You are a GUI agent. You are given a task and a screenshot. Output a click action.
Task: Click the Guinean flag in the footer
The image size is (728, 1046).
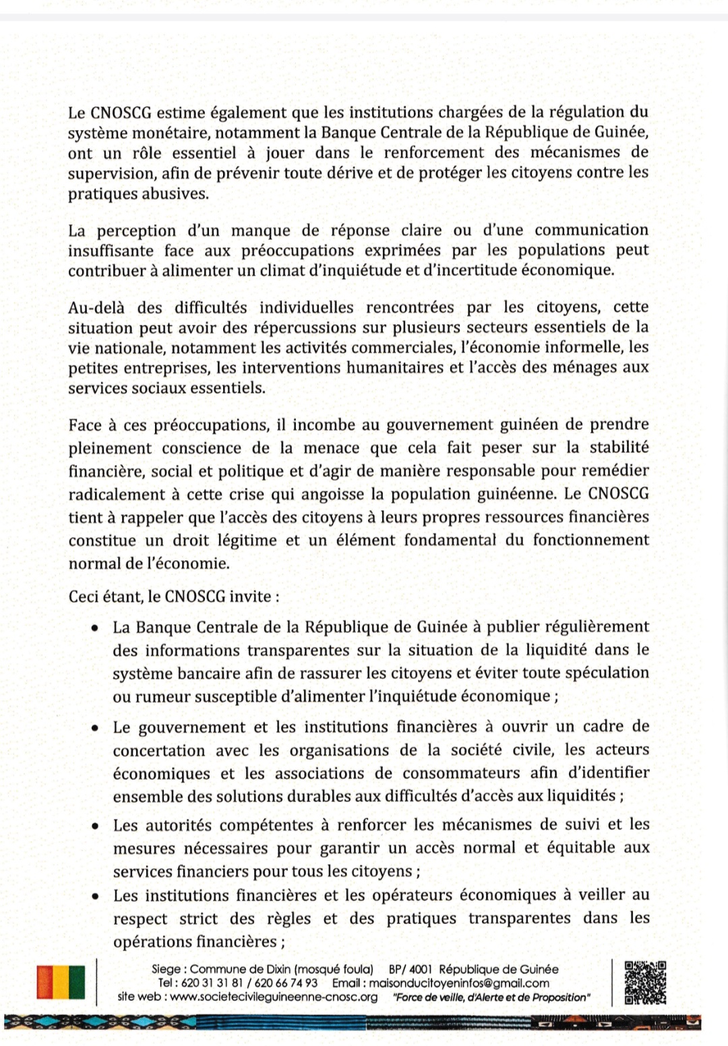click(x=61, y=983)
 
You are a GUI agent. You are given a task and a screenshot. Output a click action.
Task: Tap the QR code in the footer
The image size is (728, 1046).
click(x=645, y=983)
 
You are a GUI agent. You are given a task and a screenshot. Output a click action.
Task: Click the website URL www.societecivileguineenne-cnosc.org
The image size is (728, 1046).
click(x=274, y=997)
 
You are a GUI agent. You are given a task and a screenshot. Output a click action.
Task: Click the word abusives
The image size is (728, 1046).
click(x=178, y=194)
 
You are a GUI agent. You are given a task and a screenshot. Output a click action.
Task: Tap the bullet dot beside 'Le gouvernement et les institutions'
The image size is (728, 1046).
click(x=97, y=728)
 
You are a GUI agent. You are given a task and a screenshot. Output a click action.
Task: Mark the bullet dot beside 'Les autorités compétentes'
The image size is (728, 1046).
click(x=97, y=826)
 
